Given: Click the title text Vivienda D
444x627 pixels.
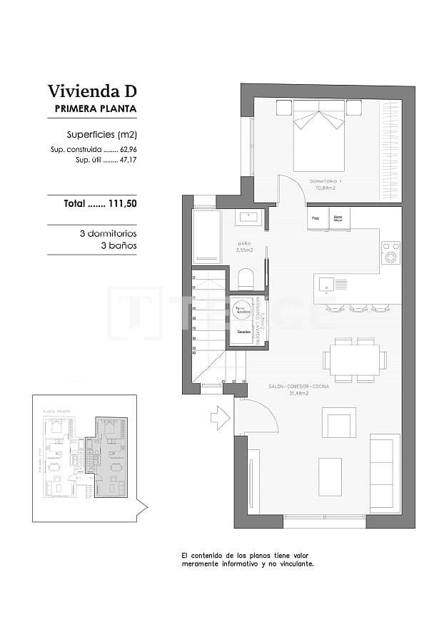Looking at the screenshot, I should click(x=91, y=91).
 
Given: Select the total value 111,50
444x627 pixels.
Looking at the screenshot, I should click(x=121, y=203).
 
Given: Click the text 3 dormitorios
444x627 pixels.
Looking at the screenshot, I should click(x=108, y=233).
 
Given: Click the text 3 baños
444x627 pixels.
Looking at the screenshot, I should click(x=118, y=245).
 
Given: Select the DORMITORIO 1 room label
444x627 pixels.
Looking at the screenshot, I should click(x=326, y=182).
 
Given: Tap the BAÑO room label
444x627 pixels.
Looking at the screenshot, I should click(x=243, y=246).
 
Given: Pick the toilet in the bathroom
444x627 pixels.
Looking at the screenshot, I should click(x=246, y=277).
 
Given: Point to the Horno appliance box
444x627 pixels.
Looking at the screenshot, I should click(x=338, y=218).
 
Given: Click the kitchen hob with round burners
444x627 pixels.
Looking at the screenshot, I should click(x=390, y=253).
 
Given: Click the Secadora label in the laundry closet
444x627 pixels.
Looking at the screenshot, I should click(x=244, y=333).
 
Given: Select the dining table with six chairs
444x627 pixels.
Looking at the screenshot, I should click(x=354, y=360).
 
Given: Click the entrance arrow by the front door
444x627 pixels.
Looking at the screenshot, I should click(x=221, y=418).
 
